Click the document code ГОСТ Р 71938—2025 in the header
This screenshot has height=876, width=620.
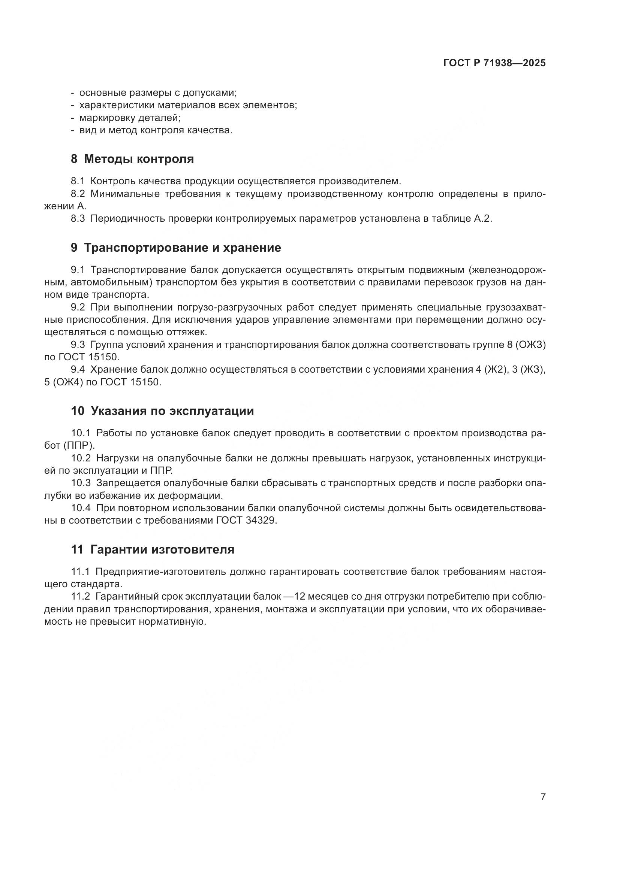pyautogui.click(x=494, y=63)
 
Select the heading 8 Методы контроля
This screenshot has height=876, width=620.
pyautogui.click(x=132, y=159)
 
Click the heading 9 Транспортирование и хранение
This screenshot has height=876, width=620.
pyautogui.click(x=175, y=248)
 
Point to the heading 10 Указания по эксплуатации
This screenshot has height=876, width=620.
pyautogui.click(x=162, y=411)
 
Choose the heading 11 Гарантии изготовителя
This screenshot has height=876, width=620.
pyautogui.click(x=152, y=550)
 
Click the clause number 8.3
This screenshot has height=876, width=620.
pyautogui.click(x=78, y=219)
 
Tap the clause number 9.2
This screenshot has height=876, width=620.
pyautogui.click(x=78, y=307)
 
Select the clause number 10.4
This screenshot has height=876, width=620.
pyautogui.click(x=81, y=508)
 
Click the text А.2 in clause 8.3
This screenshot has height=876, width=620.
pyautogui.click(x=482, y=219)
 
